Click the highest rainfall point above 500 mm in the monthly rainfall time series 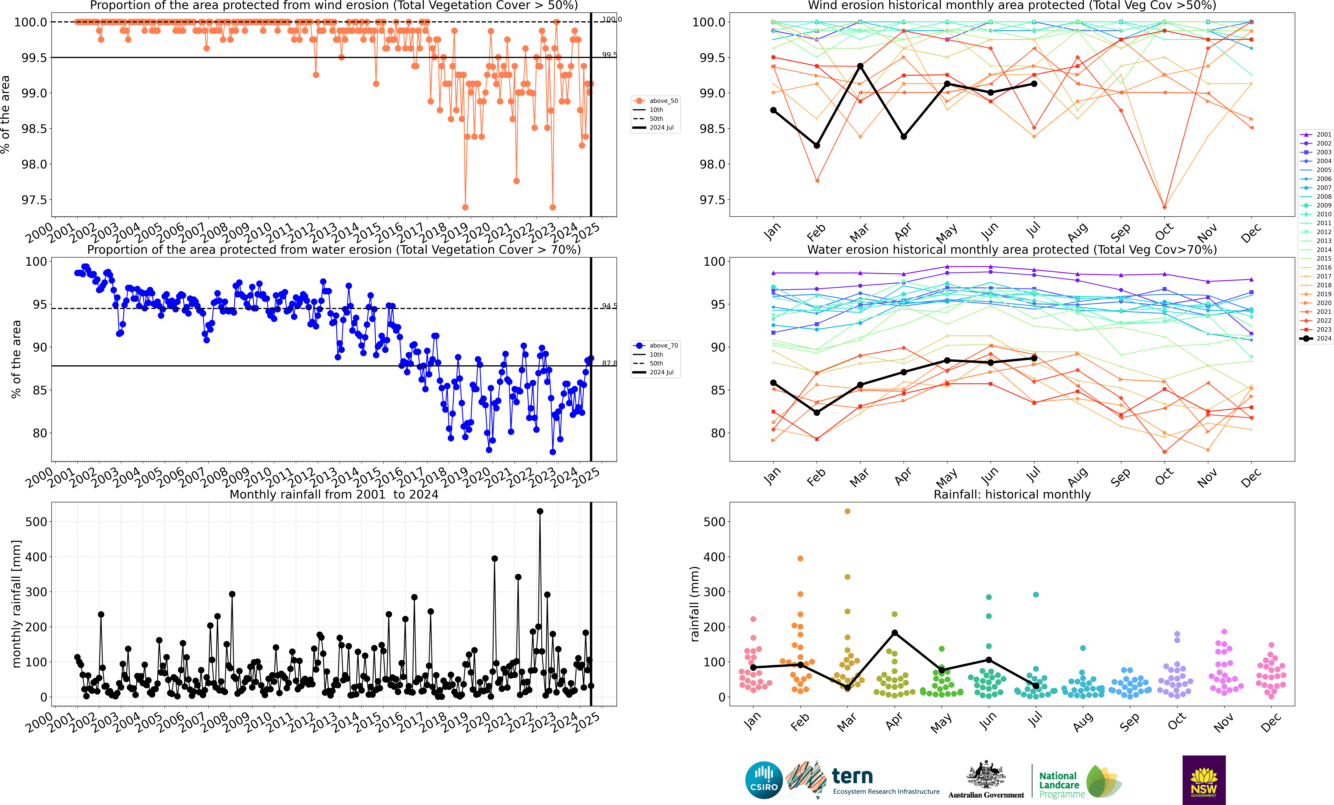(540, 511)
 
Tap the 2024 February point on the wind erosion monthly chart (816, 145)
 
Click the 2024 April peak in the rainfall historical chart (894, 633)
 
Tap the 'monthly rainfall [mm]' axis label (16, 604)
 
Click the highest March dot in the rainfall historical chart (847, 511)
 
